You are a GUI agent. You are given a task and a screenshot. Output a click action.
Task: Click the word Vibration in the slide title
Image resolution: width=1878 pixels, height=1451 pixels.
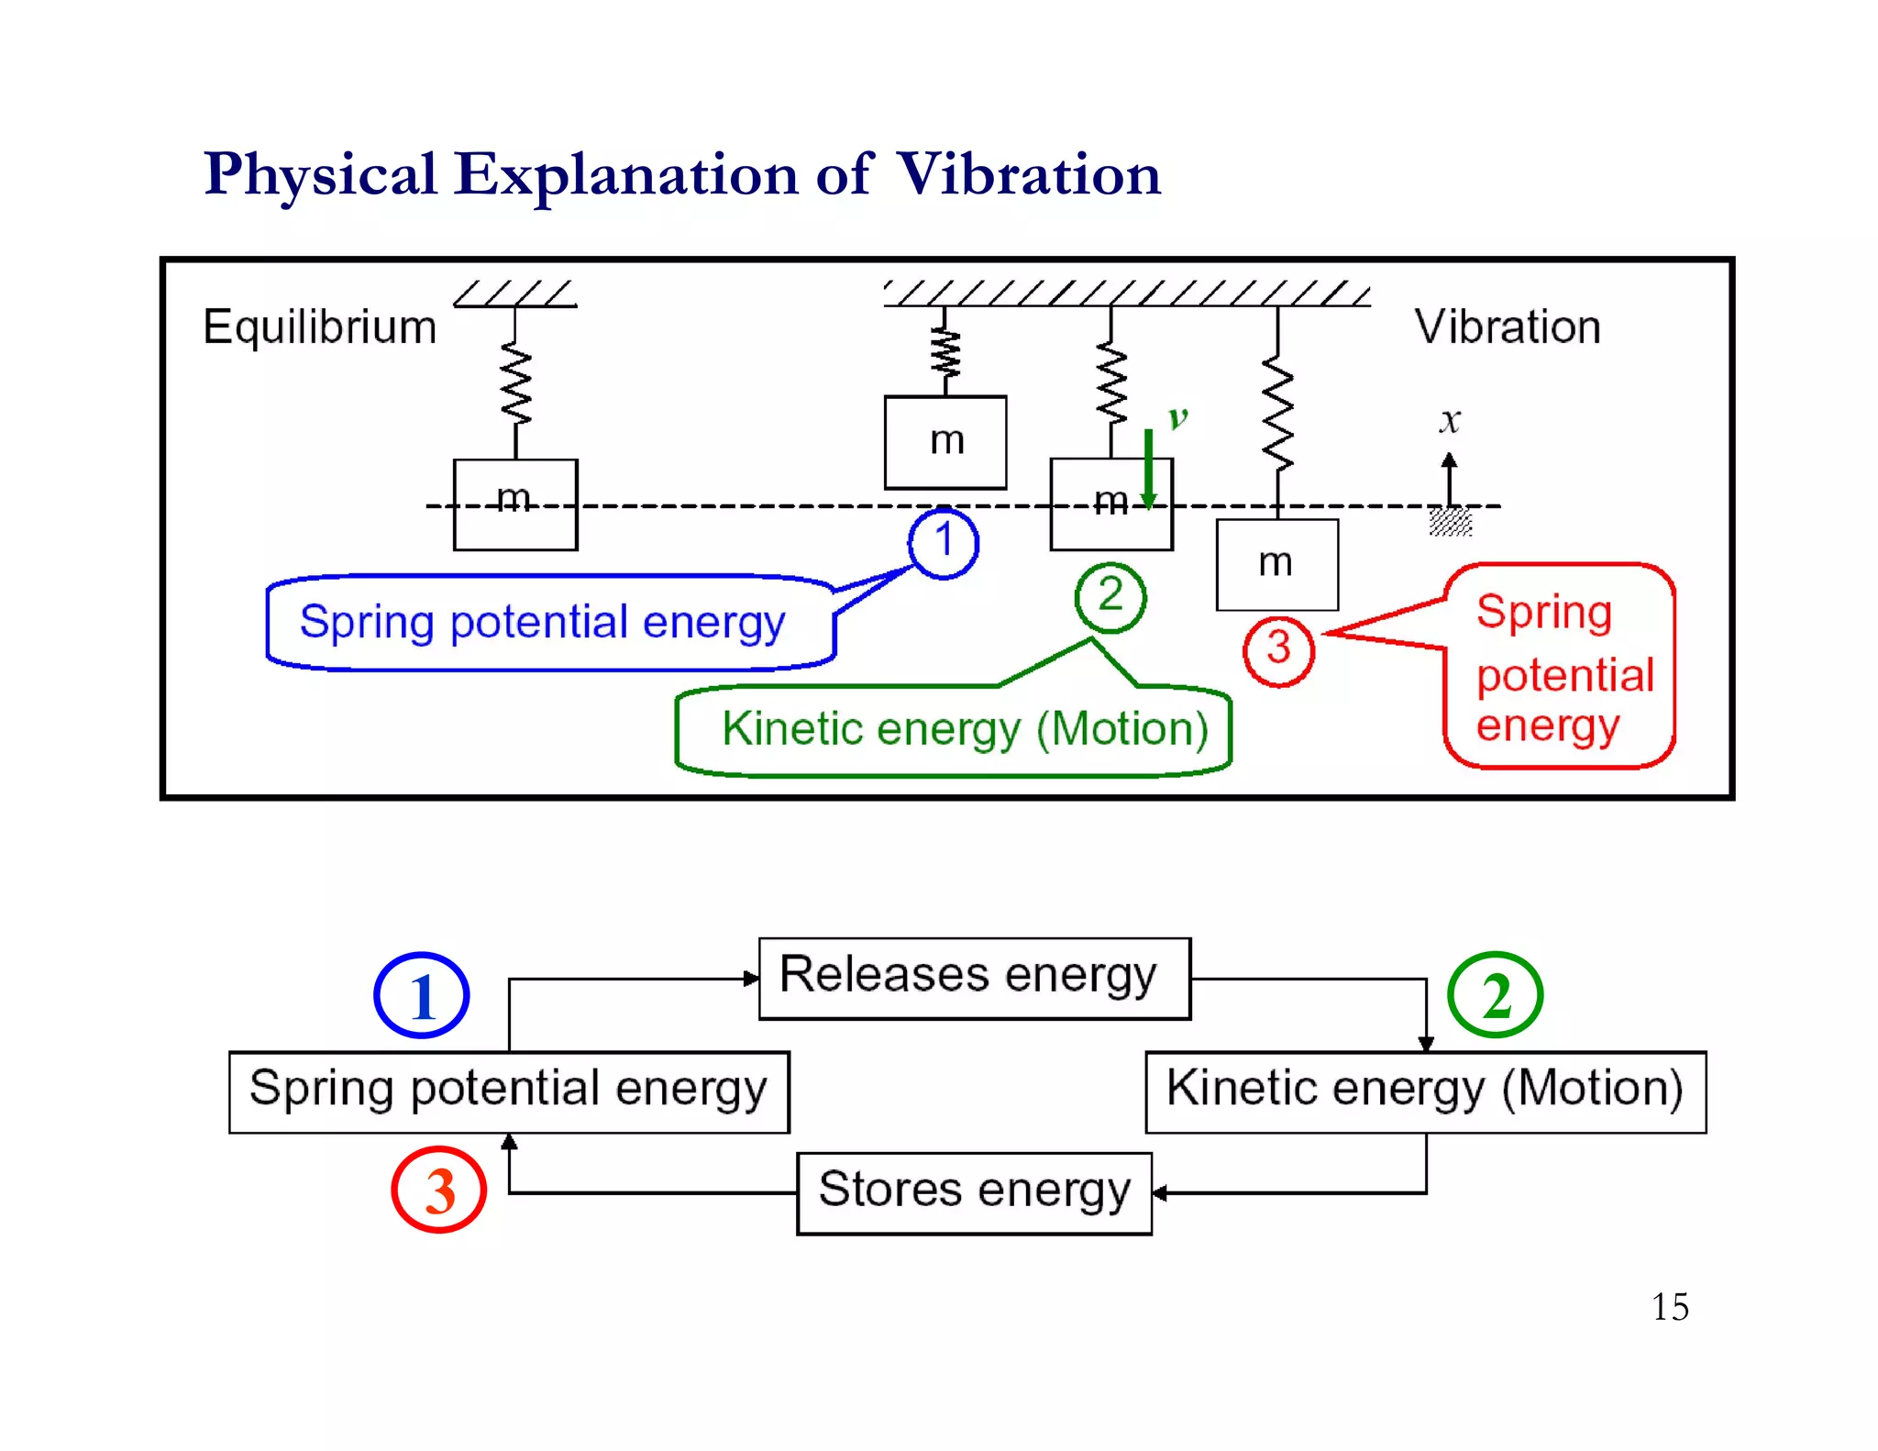(1028, 174)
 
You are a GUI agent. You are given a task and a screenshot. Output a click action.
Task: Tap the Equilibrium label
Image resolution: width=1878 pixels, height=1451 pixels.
(319, 327)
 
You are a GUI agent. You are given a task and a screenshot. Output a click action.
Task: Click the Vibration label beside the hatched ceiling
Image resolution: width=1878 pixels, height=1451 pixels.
(1507, 327)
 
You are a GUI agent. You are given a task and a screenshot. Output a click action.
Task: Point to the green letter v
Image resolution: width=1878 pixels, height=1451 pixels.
(1177, 418)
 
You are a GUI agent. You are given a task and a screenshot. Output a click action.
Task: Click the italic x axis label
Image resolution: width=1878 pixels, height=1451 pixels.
(1449, 420)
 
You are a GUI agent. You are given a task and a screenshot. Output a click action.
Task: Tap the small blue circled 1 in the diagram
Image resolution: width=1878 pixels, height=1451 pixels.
(943, 542)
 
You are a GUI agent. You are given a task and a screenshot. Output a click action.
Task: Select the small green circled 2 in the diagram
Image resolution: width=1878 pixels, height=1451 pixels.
(1110, 596)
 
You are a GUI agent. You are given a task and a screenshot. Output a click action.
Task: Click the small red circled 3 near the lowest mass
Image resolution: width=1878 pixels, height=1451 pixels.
(1278, 650)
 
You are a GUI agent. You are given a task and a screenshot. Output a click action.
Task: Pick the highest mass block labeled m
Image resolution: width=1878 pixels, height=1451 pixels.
(945, 442)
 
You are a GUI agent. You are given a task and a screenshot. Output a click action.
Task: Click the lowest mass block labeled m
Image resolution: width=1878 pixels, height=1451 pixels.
(1276, 564)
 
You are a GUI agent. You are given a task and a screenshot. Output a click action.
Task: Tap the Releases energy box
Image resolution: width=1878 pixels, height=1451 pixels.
(974, 978)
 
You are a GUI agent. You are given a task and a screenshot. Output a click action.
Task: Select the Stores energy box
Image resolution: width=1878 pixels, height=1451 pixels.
(974, 1192)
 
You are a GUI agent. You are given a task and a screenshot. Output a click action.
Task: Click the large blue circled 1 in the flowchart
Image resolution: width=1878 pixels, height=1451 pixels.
(422, 995)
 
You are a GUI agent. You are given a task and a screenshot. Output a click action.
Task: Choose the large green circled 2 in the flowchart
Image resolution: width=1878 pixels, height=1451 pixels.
(1495, 995)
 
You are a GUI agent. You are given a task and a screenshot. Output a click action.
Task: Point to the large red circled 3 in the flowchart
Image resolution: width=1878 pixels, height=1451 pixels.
(438, 1190)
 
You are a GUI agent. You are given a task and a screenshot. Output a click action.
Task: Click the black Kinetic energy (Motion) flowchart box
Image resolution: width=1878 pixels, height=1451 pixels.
(1425, 1091)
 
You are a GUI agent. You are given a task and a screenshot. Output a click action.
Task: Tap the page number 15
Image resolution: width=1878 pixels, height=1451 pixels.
(1669, 1306)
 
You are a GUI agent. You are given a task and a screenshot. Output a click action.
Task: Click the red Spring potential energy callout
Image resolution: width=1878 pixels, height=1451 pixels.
(1559, 667)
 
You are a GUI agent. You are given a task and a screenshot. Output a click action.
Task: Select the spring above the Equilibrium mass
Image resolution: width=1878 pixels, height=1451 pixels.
(515, 385)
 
